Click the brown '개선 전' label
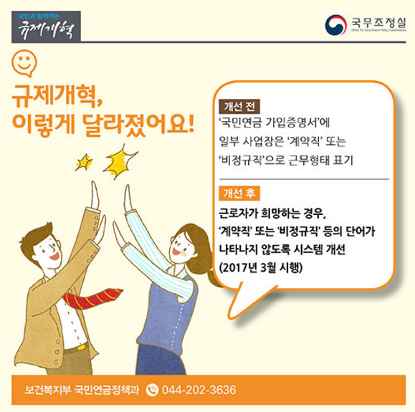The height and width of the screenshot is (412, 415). coord(239,106)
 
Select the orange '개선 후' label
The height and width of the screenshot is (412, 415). coord(239,193)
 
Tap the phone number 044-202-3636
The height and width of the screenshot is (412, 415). coord(199,390)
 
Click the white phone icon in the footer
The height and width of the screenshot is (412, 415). coord(152,390)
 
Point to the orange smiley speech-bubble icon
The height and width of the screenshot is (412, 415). coord(24,63)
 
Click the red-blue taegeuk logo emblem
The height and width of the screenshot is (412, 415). coord(336,25)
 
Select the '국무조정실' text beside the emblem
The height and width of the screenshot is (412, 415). coord(378,23)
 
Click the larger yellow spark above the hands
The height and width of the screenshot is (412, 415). coord(120,161)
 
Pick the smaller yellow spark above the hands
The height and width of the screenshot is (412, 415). coord(84,162)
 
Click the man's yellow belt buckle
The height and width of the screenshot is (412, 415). coord(82,347)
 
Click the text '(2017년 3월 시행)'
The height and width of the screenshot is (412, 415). coord(261,267)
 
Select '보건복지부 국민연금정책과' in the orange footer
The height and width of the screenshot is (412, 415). coord(82,390)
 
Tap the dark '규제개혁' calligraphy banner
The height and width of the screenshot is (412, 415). coord(46,27)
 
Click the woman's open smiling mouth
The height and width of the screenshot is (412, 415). coord(176,251)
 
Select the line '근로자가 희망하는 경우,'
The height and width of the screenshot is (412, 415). coord(272,213)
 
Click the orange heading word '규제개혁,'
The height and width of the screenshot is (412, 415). coord(57,96)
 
